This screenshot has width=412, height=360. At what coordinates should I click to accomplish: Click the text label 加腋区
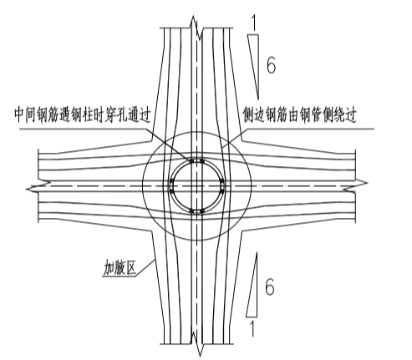(120, 267)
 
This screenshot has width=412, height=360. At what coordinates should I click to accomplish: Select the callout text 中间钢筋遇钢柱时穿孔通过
(83, 114)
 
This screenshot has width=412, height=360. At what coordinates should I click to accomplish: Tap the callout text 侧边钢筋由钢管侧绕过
(300, 114)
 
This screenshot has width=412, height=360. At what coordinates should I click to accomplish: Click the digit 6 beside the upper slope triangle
(271, 64)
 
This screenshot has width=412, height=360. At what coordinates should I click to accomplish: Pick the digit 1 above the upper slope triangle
(253, 23)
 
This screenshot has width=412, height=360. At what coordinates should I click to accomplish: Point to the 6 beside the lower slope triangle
(270, 286)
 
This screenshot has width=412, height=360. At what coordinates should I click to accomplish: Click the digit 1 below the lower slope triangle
(252, 328)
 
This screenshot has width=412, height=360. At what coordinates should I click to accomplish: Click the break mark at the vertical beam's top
(196, 28)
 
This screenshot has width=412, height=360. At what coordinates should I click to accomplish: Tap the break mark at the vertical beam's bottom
(198, 344)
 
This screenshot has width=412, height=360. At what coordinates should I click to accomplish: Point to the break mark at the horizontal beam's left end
(38, 186)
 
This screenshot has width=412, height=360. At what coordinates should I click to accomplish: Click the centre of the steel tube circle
(197, 186)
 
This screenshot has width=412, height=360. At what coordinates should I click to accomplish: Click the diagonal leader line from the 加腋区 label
(145, 268)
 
